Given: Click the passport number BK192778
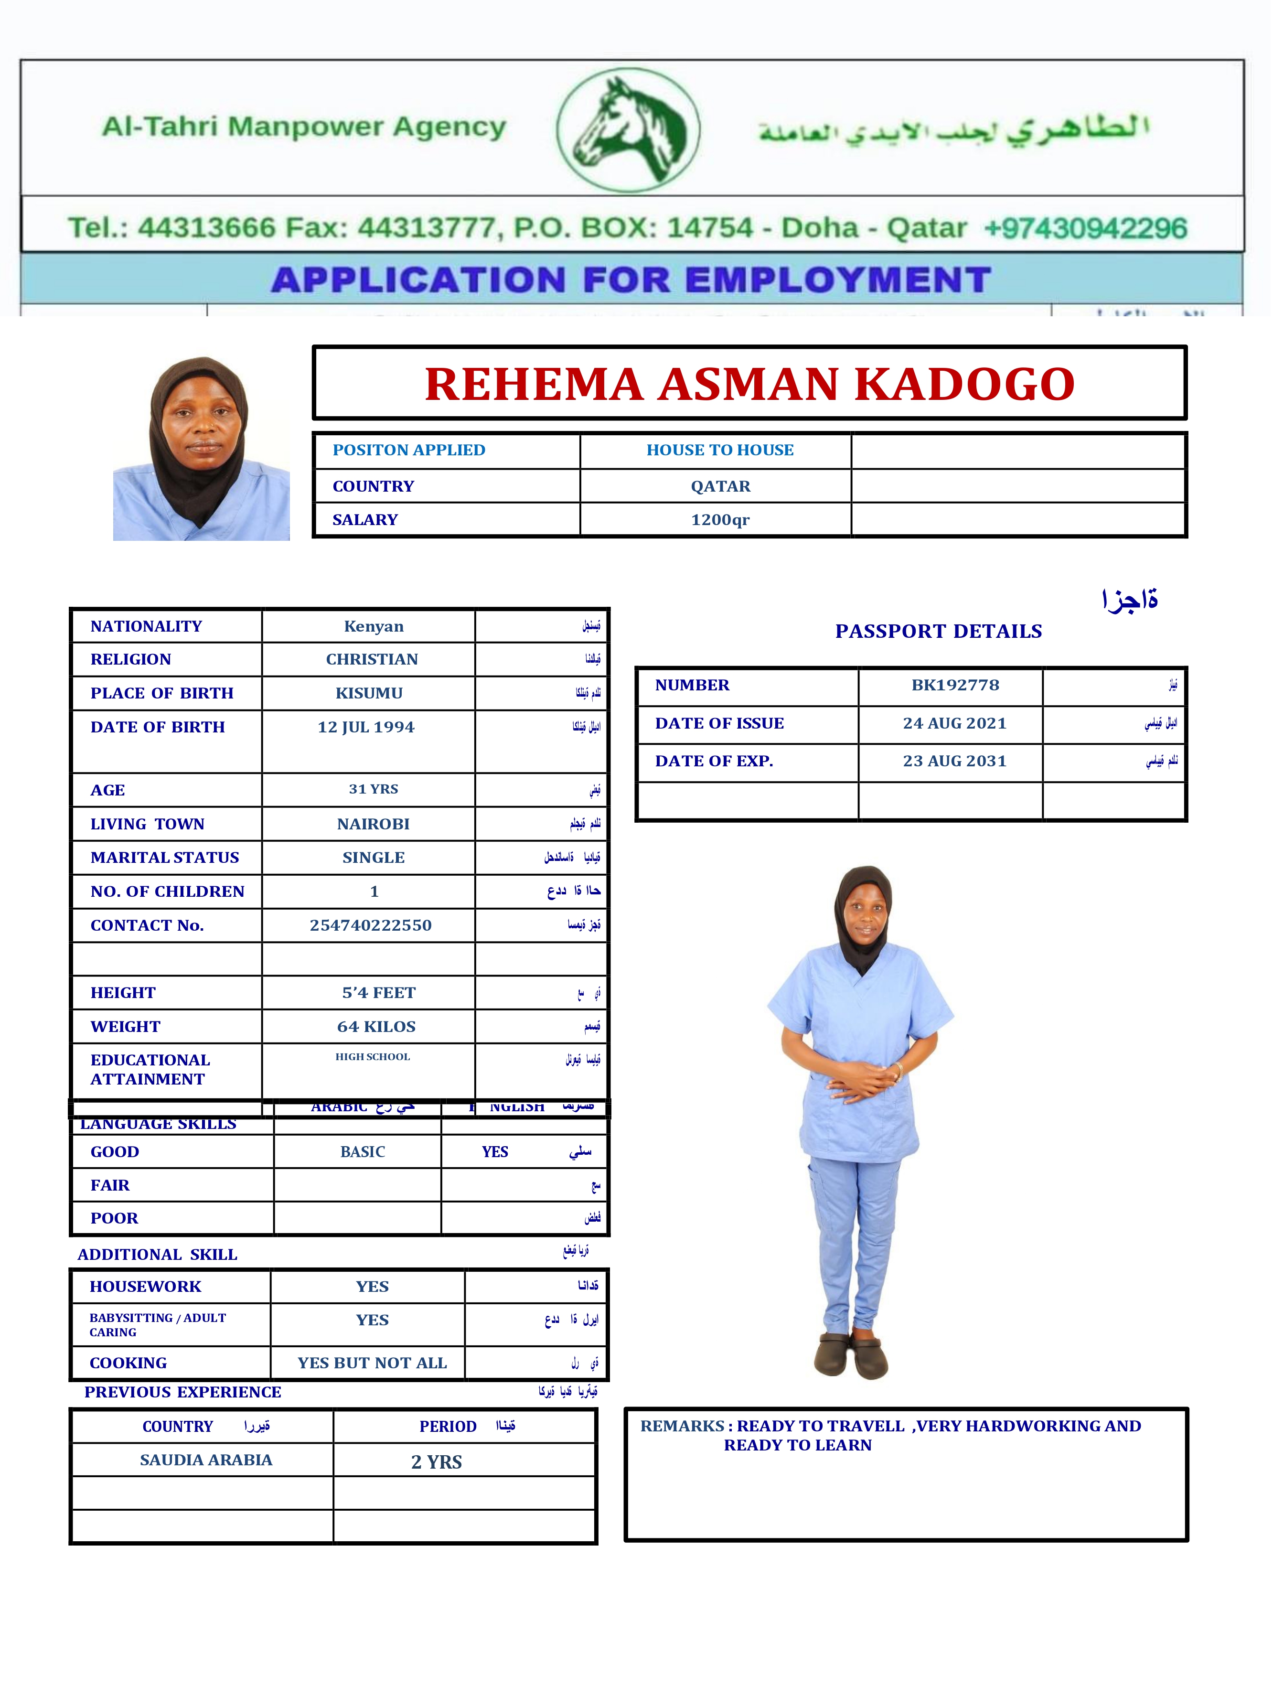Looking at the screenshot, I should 955,685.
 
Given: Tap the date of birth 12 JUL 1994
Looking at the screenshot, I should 366,727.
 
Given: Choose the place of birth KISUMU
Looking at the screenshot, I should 369,693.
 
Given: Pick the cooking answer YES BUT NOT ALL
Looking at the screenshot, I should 372,1363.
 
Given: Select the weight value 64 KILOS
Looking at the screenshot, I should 376,1027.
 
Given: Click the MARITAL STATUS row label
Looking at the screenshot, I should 164,857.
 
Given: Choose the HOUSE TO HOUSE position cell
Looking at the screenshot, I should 719,451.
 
